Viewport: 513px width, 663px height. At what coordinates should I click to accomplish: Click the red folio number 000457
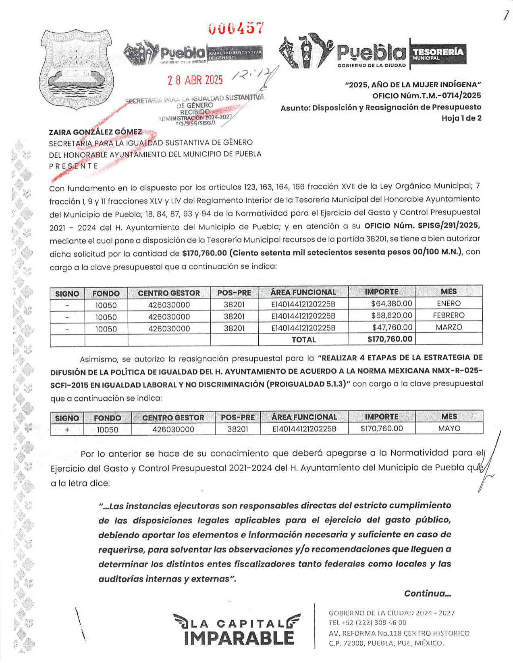tap(236, 29)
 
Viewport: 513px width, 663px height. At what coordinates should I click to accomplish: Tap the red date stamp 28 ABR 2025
tap(195, 80)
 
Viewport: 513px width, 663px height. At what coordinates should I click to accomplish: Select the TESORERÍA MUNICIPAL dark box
tap(438, 54)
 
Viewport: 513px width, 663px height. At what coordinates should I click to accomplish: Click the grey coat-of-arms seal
tap(76, 68)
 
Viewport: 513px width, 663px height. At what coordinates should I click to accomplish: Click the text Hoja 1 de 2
tap(461, 118)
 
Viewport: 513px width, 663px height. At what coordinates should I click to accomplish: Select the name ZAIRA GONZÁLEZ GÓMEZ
tap(95, 132)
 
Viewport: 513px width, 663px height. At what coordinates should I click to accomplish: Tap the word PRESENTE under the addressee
tap(73, 166)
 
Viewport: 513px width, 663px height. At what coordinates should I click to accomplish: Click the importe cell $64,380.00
tap(391, 304)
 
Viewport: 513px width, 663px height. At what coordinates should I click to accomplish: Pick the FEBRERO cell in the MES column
tap(449, 315)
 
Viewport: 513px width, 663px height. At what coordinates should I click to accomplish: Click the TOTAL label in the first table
tap(303, 340)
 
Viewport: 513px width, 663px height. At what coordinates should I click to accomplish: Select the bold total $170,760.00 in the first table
tap(390, 339)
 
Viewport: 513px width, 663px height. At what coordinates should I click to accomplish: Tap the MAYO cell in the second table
tap(449, 428)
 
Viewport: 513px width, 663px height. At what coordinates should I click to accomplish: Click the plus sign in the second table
tap(67, 430)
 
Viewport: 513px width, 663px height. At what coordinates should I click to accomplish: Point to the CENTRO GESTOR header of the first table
tap(169, 293)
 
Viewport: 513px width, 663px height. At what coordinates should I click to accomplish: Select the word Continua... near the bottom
tap(427, 593)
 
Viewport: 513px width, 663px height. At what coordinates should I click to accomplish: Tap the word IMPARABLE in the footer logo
tap(239, 638)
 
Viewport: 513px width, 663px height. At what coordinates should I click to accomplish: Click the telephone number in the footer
tap(368, 623)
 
